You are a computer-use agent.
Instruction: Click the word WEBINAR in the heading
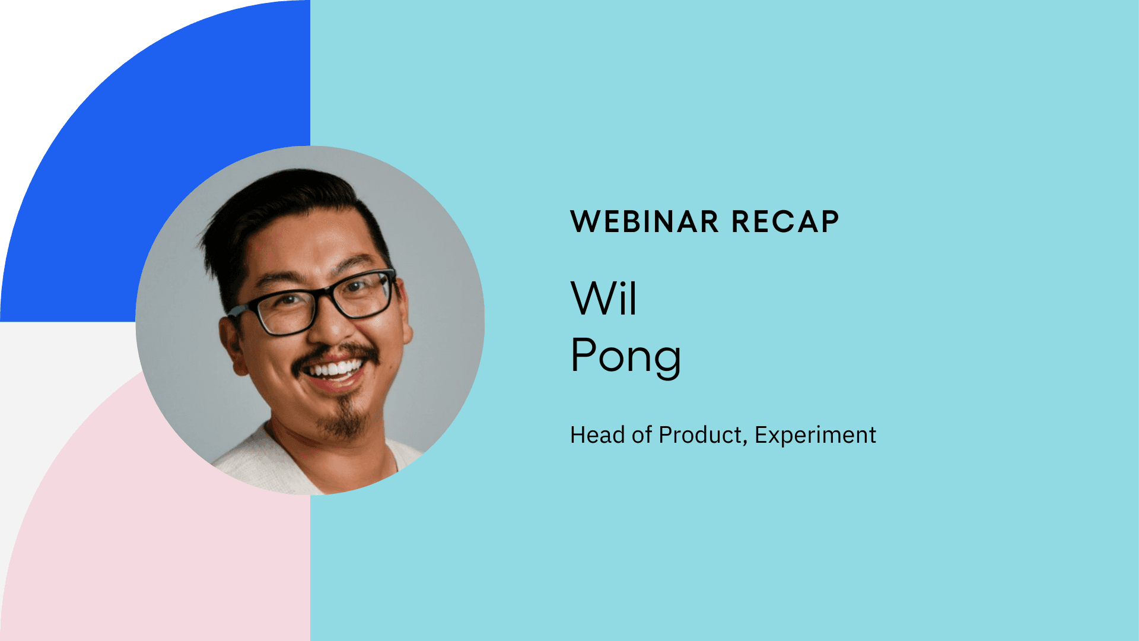(644, 222)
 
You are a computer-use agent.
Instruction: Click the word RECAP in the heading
(785, 222)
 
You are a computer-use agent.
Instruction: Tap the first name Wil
(603, 298)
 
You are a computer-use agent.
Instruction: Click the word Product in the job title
(699, 435)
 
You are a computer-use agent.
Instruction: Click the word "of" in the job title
(642, 435)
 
